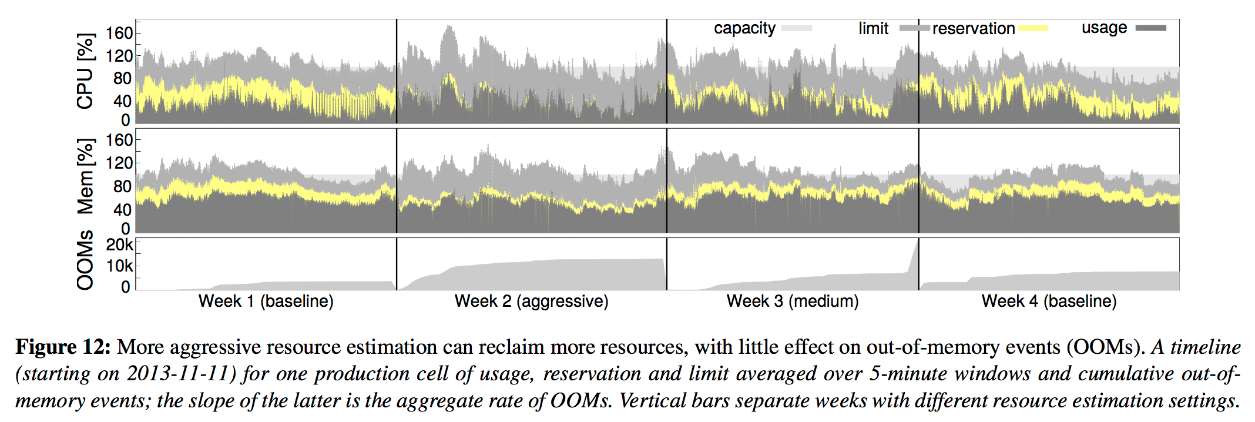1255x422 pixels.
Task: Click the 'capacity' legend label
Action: pyautogui.click(x=744, y=28)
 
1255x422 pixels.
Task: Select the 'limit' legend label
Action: pyautogui.click(x=873, y=28)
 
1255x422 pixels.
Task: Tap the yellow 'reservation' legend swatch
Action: pyautogui.click(x=1032, y=28)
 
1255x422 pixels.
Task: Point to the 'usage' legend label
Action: pyautogui.click(x=1104, y=28)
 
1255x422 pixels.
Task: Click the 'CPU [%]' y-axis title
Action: pyautogui.click(x=86, y=71)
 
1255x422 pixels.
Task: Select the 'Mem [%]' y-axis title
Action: pyautogui.click(x=86, y=176)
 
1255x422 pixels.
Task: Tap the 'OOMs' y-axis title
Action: pyautogui.click(x=86, y=260)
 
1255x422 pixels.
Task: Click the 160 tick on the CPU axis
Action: pyautogui.click(x=119, y=33)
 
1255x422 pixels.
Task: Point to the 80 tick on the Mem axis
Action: pyautogui.click(x=122, y=186)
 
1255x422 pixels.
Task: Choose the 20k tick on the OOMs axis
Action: pyautogui.click(x=119, y=245)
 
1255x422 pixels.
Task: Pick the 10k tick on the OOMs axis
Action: pyautogui.click(x=119, y=266)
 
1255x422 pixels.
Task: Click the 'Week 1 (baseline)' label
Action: pyautogui.click(x=266, y=302)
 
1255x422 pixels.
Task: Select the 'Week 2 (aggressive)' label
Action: pyautogui.click(x=531, y=302)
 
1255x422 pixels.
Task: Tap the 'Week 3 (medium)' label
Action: pyautogui.click(x=792, y=302)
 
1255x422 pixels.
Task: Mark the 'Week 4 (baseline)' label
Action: pyautogui.click(x=1049, y=302)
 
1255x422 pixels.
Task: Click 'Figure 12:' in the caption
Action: pyautogui.click(x=63, y=347)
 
